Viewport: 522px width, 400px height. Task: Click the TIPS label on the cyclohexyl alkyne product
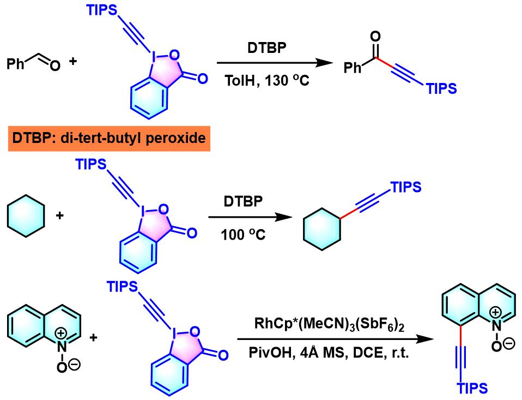[x=406, y=187]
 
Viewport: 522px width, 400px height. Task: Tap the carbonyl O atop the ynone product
[x=374, y=37]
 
